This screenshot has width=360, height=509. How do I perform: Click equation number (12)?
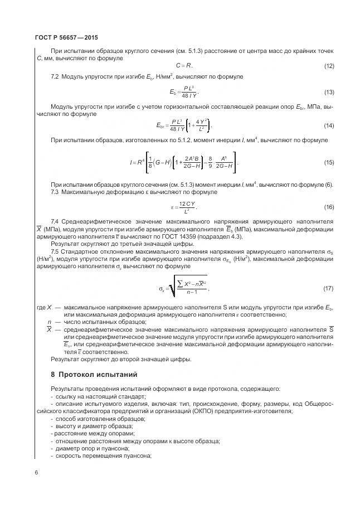coord(328,66)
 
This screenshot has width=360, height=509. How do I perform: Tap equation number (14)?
coord(328,125)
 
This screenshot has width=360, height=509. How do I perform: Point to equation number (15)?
coord(328,162)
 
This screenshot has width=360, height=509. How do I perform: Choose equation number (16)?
coord(328,207)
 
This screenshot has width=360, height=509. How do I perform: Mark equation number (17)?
coord(328,288)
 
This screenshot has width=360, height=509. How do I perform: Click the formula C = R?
coord(184,66)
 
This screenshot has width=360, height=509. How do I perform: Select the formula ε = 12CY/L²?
coord(184,207)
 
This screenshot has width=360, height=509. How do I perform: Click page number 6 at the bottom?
coord(36,473)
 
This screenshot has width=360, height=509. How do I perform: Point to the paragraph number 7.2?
coord(55,76)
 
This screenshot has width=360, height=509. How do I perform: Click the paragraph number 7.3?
coord(55,192)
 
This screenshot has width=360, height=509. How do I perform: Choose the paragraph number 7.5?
coord(55,251)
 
